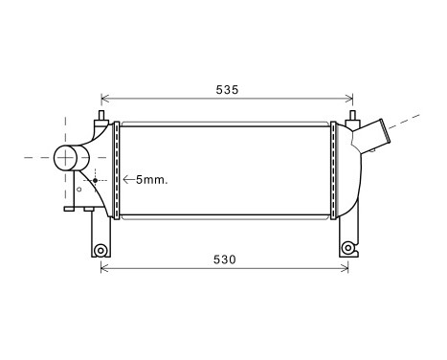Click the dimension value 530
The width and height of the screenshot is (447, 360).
coord(225,259)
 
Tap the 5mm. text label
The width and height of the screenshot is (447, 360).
coord(151,179)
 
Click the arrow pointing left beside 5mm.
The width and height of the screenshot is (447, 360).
coord(127,179)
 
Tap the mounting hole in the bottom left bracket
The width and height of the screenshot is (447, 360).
coord(99,250)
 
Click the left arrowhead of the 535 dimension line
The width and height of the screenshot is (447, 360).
coord(104,99)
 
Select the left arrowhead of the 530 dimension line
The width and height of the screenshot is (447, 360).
coord(104,268)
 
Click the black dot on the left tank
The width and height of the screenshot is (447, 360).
coord(96,179)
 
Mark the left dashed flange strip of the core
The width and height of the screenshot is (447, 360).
coord(117,170)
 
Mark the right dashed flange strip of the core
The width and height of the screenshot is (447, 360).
coord(332,170)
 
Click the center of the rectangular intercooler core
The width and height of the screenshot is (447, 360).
coord(225,170)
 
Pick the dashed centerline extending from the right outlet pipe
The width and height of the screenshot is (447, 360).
coord(412,121)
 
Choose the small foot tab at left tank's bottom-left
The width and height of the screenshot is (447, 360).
coord(71,208)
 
